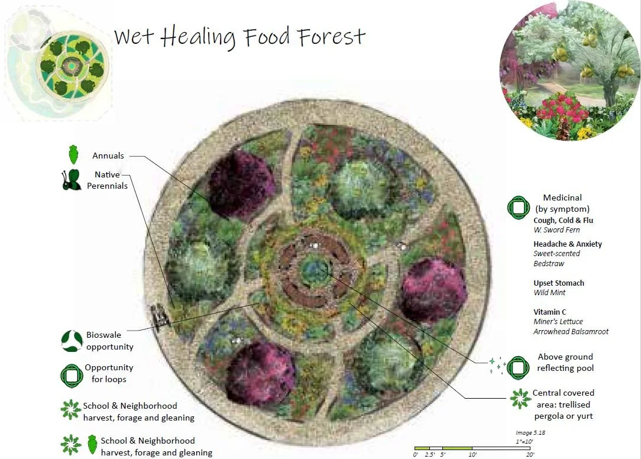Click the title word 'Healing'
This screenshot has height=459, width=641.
pos(198,37)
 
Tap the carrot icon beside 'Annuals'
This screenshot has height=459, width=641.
pos(73,154)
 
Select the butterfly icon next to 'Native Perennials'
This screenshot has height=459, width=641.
pos(71,180)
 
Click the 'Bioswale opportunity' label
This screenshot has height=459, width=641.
pos(110,341)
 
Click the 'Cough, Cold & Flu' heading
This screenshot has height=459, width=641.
pos(563,221)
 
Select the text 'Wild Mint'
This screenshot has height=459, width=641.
pos(549,293)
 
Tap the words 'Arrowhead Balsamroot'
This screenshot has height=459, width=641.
pos(571,331)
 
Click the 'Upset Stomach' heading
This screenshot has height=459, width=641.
pos(559,283)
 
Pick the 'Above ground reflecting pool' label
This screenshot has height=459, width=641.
pos(565,362)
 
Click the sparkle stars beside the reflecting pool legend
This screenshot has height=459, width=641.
pos(496,366)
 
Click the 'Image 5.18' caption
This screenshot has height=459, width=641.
pos(531,433)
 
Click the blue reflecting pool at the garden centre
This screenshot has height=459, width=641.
pos(312,271)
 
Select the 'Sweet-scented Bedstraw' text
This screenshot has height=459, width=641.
pos(556,258)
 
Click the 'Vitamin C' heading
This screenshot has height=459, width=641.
pos(550,312)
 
